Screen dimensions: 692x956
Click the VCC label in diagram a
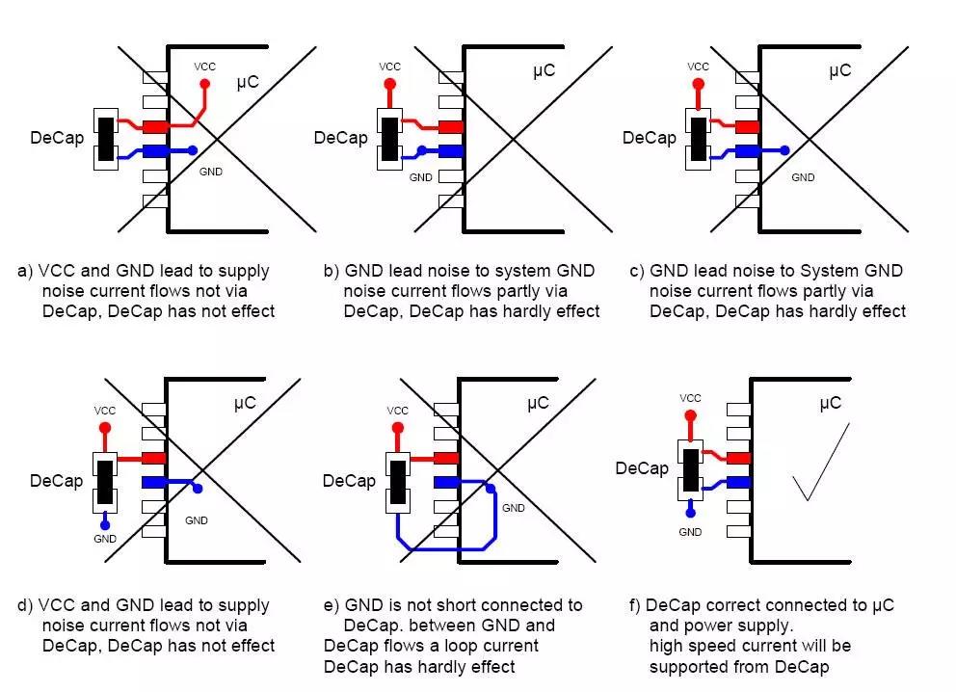[204, 67]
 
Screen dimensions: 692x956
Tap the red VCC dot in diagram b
[389, 85]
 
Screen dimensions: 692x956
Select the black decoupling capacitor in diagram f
[690, 468]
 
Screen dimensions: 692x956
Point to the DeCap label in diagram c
[649, 138]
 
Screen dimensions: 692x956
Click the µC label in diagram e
[538, 403]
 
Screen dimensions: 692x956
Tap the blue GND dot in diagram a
[194, 150]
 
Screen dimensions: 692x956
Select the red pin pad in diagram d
[153, 458]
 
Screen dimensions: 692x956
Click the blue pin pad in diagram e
[445, 482]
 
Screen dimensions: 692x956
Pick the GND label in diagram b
[421, 177]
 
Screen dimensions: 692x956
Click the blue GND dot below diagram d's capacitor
[105, 522]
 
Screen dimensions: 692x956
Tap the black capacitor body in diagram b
[390, 139]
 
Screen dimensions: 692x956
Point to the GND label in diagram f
[690, 531]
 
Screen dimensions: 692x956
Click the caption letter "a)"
[26, 271]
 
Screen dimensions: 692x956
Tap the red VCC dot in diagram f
[690, 415]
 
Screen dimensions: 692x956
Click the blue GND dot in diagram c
[785, 150]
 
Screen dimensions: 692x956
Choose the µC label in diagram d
[245, 403]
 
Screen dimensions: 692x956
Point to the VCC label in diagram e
[398, 411]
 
